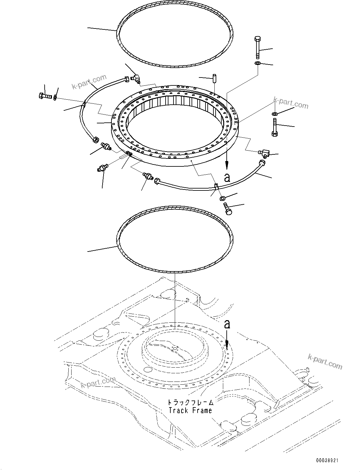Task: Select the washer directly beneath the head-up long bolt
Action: tap(257, 64)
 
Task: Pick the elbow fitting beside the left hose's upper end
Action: tap(136, 78)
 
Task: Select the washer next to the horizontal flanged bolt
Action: tap(55, 97)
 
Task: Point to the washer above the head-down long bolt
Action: tap(275, 114)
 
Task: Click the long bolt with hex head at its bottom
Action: tap(274, 127)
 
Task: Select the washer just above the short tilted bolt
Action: tap(222, 198)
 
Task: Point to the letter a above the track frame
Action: tap(227, 324)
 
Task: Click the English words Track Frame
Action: tap(190, 410)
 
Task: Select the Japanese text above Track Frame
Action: tap(190, 402)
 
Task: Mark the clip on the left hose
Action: tap(84, 103)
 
